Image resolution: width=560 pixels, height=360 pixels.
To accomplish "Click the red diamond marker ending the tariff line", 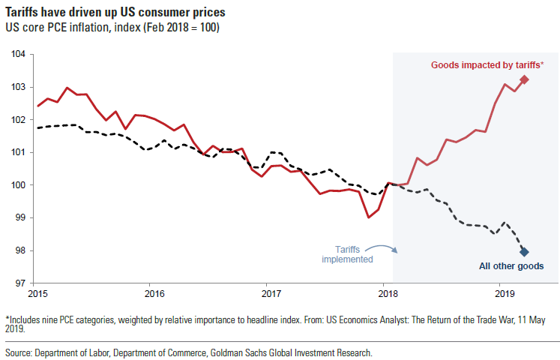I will (524, 79).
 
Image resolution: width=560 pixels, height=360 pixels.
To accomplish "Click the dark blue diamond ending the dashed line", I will (524, 252).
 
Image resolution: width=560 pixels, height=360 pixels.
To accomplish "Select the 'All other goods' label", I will (511, 266).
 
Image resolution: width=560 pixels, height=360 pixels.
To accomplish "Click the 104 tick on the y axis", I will (20, 55).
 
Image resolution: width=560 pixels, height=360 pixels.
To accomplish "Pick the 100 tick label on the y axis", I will (20, 185).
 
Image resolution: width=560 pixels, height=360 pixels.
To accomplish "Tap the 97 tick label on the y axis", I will (20, 283).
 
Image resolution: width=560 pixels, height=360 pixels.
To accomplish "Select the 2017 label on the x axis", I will (268, 293).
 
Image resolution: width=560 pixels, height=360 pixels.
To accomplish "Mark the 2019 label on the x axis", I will (501, 293).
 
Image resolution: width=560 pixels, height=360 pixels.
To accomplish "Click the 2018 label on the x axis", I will (385, 293).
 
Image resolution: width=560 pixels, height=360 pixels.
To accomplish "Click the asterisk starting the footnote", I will (7, 319).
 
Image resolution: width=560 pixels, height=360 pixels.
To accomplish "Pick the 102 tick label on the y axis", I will (20, 120).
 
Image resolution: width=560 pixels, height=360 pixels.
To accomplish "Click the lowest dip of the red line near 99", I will (368, 217).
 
